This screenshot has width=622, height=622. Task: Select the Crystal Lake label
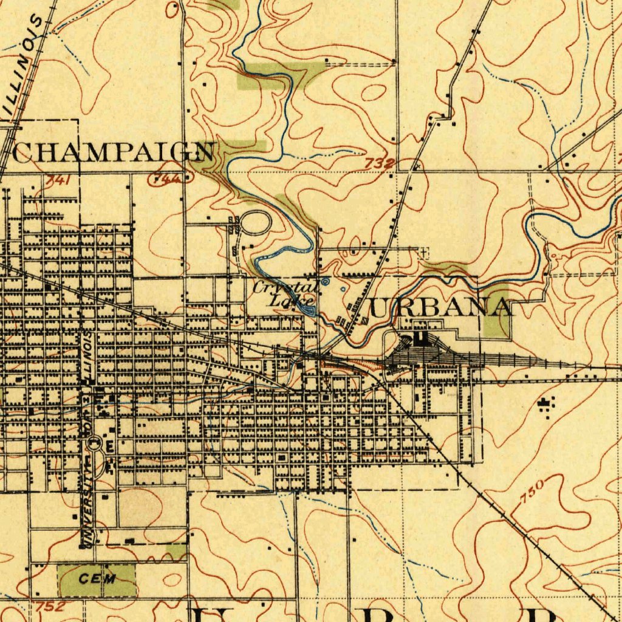point(285,293)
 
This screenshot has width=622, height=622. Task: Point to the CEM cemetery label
point(97,579)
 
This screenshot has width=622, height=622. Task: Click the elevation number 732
point(380,163)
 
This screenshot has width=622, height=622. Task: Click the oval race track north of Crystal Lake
point(256,223)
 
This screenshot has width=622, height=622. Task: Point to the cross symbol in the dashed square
point(423,252)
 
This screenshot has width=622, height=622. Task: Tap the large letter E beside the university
point(109,446)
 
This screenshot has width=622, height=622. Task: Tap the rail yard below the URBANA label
point(425,352)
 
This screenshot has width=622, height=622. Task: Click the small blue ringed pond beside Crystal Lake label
point(326,281)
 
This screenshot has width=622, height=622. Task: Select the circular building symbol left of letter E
point(94,445)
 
